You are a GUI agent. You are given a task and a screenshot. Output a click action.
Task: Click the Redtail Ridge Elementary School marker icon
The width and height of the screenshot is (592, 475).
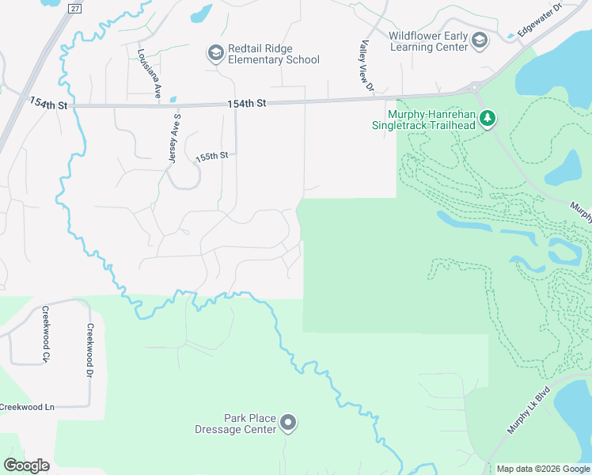pos(214,53)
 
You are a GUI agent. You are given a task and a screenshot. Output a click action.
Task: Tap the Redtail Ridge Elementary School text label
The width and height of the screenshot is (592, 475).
pos(274,54)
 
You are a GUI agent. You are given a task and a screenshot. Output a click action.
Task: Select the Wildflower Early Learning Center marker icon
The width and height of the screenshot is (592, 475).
pos(479,40)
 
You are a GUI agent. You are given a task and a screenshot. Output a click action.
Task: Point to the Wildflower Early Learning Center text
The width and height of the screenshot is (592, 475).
pos(428,40)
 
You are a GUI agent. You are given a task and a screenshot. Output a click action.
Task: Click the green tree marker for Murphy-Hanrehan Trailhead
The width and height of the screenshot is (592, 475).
pos(488,120)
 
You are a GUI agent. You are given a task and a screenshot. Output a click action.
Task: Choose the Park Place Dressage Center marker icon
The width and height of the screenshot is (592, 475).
pos(288,424)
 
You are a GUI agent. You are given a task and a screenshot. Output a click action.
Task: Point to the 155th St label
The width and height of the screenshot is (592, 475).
pos(212,157)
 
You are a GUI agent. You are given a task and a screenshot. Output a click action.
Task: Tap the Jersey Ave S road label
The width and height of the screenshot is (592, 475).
pos(175,138)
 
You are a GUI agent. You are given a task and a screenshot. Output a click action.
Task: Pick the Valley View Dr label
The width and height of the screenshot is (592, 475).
pos(366,68)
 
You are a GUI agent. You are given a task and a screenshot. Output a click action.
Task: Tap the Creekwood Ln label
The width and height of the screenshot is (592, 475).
pos(27,407)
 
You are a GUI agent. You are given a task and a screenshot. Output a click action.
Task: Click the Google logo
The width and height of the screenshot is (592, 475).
pos(27,465)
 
